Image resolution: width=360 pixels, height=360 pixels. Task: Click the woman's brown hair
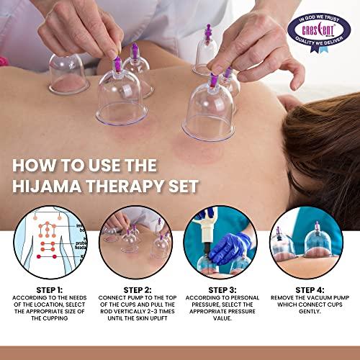tap(317, 144)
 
